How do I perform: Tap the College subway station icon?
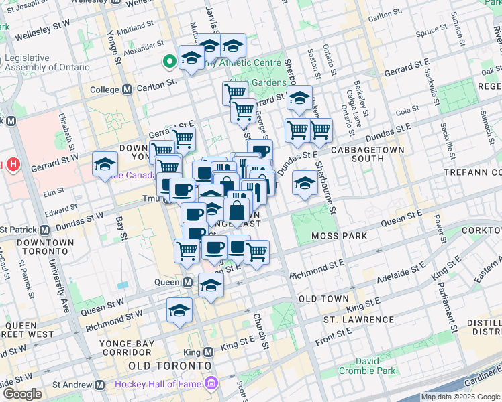127,90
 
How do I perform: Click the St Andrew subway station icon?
100,385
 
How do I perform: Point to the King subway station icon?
208,352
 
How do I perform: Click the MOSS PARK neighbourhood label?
338,236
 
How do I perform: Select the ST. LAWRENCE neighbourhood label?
358,319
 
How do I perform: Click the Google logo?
21,394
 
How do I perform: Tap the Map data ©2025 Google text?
460,397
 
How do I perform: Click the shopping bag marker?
237,211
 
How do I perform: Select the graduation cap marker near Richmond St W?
180,311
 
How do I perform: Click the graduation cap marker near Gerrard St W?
105,165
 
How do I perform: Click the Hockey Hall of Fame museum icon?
212,384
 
